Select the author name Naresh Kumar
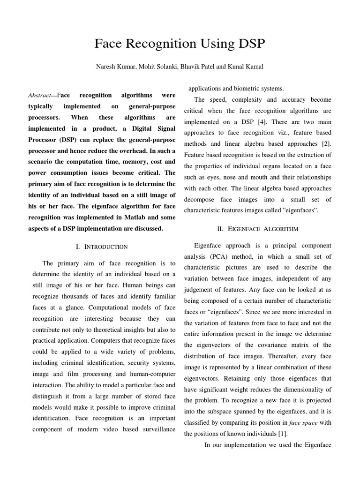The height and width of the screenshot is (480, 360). click(x=115, y=67)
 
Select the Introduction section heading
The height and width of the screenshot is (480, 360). click(x=101, y=247)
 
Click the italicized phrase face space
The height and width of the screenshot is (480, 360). click(x=303, y=423)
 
